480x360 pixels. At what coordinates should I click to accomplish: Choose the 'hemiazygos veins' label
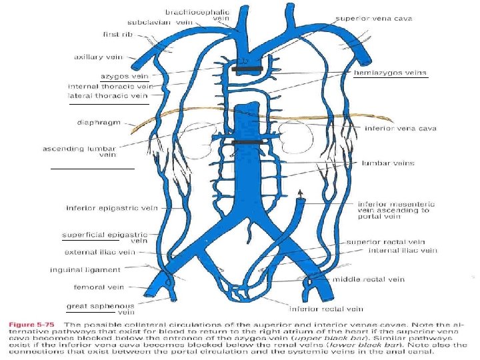[390, 72]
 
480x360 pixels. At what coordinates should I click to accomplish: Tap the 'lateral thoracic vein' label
[107, 96]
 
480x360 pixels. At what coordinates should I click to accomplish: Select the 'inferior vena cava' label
[391, 128]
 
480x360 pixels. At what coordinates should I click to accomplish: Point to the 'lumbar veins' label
[388, 162]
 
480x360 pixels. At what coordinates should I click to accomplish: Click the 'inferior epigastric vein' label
[111, 208]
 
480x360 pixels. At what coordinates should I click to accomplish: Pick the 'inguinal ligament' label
[85, 270]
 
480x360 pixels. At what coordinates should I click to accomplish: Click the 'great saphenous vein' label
[101, 309]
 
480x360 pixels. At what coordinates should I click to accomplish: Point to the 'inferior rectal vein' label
[326, 309]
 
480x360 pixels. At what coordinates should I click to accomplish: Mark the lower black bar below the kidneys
[246, 142]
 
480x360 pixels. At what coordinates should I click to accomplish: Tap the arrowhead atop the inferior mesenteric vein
[301, 192]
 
